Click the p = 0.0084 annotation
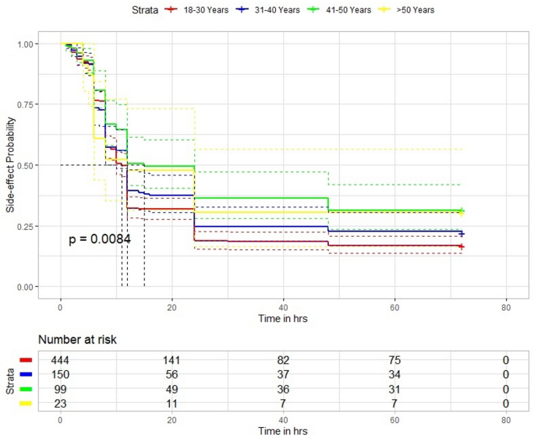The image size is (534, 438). (100, 239)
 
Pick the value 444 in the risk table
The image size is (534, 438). (60, 359)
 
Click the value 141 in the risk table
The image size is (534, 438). (172, 359)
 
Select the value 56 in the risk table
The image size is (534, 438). (172, 373)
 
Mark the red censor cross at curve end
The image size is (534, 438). (462, 246)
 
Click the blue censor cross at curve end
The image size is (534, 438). (462, 234)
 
